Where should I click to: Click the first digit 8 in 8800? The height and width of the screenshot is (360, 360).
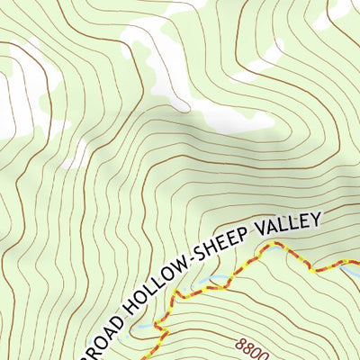click(x=243, y=343)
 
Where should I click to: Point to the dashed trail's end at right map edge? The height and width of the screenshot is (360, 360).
click(x=357, y=263)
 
